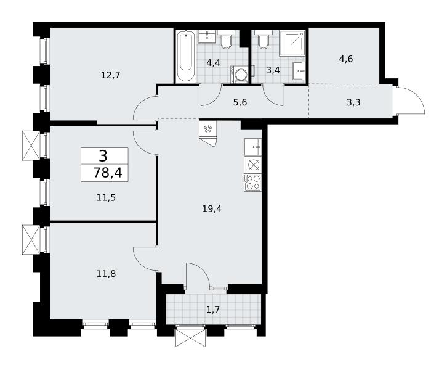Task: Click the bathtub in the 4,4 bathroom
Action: pyautogui.click(x=185, y=57)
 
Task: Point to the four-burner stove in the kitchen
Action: pyautogui.click(x=253, y=182)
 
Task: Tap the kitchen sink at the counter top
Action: pyautogui.click(x=253, y=147)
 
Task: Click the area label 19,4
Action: pyautogui.click(x=212, y=209)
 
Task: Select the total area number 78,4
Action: pyautogui.click(x=108, y=173)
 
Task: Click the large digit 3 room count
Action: pyautogui.click(x=103, y=156)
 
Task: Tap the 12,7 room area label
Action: pyautogui.click(x=111, y=75)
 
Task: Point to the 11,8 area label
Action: pyautogui.click(x=106, y=274)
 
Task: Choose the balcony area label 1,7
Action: pyautogui.click(x=212, y=310)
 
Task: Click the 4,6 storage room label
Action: pyautogui.click(x=346, y=59)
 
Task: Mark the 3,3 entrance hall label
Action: pyautogui.click(x=353, y=102)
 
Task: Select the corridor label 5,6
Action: pyautogui.click(x=240, y=102)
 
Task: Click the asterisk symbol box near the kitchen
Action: pyautogui.click(x=208, y=129)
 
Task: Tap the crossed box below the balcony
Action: pyautogui.click(x=191, y=338)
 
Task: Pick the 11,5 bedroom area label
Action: pyautogui.click(x=106, y=197)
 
